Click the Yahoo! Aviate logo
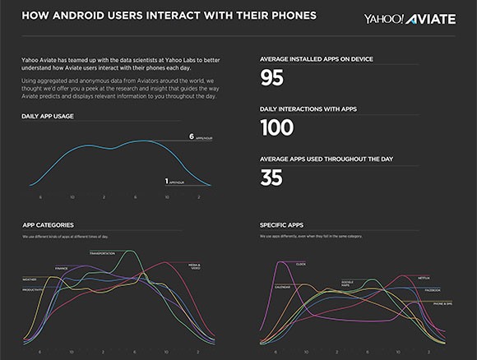click(x=410, y=18)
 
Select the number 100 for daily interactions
click(x=276, y=127)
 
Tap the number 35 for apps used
click(x=271, y=177)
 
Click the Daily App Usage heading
click(x=48, y=117)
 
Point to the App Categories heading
click(x=49, y=224)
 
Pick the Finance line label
click(x=62, y=268)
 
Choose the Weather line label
click(x=29, y=279)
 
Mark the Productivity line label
click(x=33, y=290)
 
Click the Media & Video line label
click(x=195, y=266)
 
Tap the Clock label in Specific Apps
click(x=300, y=264)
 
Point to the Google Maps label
click(x=348, y=284)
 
